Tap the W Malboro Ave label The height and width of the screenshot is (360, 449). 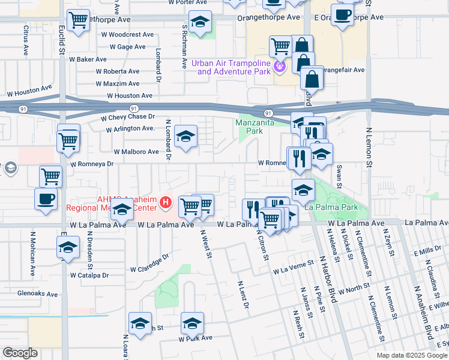tap(136, 152)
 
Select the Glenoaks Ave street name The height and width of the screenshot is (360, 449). tap(37, 295)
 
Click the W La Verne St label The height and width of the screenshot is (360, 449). tap(294, 267)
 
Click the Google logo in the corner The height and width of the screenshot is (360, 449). tap(20, 353)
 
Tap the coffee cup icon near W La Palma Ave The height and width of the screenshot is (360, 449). tap(46, 199)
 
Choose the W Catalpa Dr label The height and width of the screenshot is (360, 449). tap(89, 276)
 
